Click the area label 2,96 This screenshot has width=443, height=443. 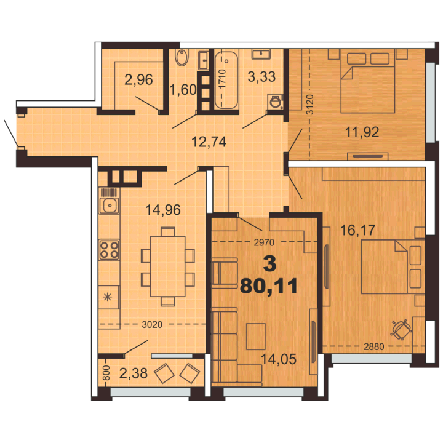pos(138,79)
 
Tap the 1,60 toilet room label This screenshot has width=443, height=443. pos(183,90)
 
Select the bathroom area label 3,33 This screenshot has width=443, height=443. pos(261,76)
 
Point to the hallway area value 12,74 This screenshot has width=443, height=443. pos(209,142)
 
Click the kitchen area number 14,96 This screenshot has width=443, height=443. pos(162,210)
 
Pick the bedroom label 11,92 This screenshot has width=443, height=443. pos(362,132)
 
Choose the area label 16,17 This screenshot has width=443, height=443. pos(357,230)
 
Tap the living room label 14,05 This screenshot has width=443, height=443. pos(279,359)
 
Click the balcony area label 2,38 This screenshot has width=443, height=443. pos(134,373)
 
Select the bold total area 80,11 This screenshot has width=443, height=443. pos(269,286)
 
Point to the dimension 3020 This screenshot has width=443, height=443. pos(152,325)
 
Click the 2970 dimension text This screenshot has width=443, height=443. pos(264,242)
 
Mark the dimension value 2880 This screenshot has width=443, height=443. pos(374,346)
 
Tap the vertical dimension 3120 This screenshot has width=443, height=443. pos(310,104)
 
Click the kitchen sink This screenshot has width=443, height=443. pos(109,205)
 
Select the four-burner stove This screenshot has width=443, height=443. pos(109,250)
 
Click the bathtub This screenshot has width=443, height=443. pos(226,79)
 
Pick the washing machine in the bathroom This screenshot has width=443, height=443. pos(275,101)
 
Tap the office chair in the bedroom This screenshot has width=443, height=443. pos(401,330)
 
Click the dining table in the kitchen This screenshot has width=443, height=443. pos(167,266)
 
